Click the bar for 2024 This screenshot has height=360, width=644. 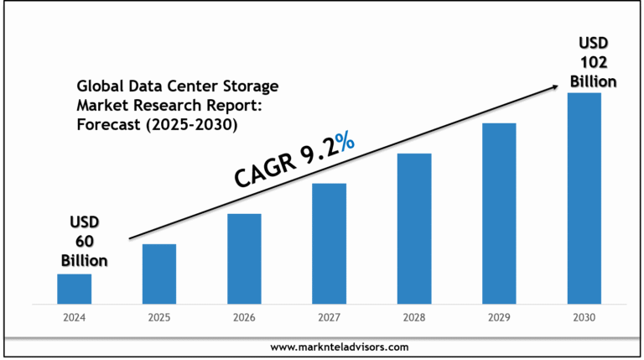[x=74, y=288]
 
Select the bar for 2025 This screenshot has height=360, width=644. [x=158, y=273]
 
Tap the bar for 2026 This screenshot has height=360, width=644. [x=244, y=258]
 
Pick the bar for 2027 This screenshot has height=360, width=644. [x=329, y=243]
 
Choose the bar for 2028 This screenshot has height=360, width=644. [x=414, y=227]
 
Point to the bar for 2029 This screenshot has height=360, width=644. [x=499, y=212]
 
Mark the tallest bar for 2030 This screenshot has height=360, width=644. [x=584, y=197]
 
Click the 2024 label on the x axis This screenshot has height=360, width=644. [x=74, y=318]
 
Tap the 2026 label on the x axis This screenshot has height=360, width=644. [x=244, y=318]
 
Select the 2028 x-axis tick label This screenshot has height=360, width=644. [x=414, y=318]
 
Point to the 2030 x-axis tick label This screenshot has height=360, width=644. [x=584, y=318]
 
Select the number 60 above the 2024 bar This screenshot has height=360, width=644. [x=83, y=241]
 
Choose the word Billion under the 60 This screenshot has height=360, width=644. [x=83, y=260]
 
